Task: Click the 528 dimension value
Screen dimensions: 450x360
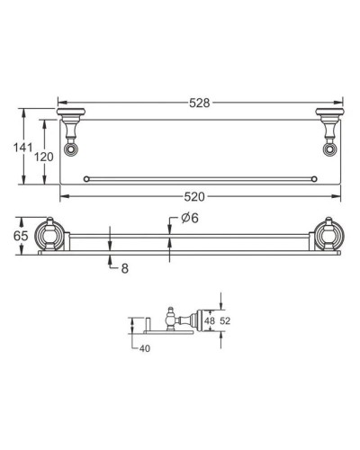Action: click(x=199, y=103)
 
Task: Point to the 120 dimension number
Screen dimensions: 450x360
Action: click(x=42, y=157)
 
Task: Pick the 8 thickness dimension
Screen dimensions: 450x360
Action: click(x=123, y=267)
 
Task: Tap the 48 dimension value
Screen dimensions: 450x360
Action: click(x=208, y=319)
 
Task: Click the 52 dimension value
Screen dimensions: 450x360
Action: click(x=227, y=319)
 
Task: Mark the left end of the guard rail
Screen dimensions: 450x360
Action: click(x=85, y=179)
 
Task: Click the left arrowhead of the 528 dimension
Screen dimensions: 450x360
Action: click(x=61, y=103)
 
